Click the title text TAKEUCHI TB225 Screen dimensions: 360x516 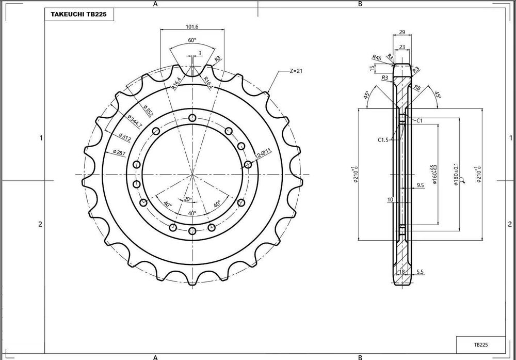(x=78, y=15)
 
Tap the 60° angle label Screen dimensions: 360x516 (x=192, y=40)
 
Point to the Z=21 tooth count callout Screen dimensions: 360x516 (x=296, y=71)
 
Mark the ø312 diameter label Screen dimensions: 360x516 (x=125, y=136)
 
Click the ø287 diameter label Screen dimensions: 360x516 (x=119, y=152)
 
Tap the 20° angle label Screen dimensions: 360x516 (x=188, y=199)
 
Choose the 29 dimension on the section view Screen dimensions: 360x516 (x=402, y=32)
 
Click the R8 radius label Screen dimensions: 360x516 (x=417, y=88)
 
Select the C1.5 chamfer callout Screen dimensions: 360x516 (x=382, y=139)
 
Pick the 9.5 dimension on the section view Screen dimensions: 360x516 (x=420, y=184)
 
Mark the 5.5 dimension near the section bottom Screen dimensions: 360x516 (x=420, y=271)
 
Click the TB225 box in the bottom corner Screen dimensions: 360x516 (x=481, y=344)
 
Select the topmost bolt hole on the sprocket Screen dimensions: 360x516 (x=192, y=118)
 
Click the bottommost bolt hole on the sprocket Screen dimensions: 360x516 (x=192, y=230)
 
